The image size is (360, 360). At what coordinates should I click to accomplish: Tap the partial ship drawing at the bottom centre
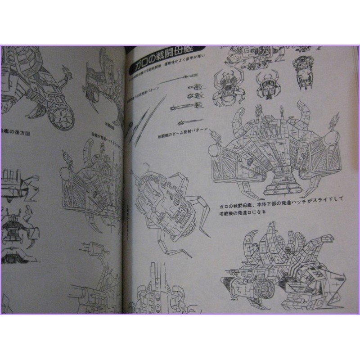[x=155, y=292]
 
